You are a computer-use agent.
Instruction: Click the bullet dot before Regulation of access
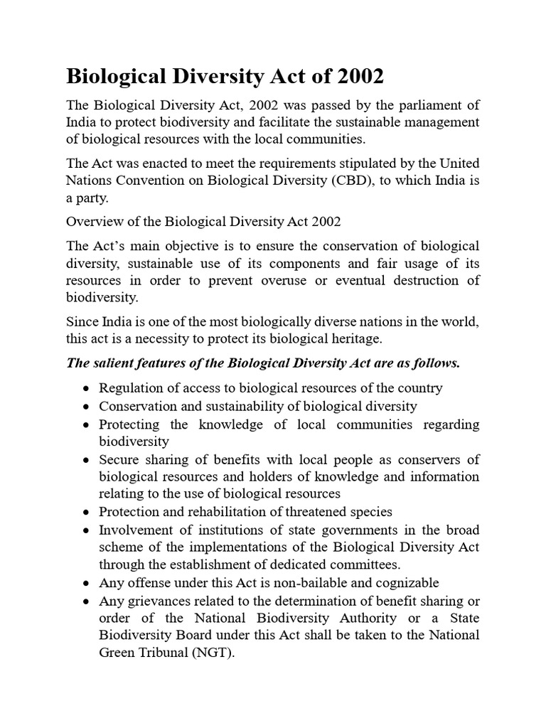(85, 389)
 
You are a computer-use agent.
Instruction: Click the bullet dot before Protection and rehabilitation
(85, 513)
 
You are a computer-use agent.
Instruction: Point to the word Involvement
(135, 530)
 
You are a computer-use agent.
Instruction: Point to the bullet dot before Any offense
(85, 584)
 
